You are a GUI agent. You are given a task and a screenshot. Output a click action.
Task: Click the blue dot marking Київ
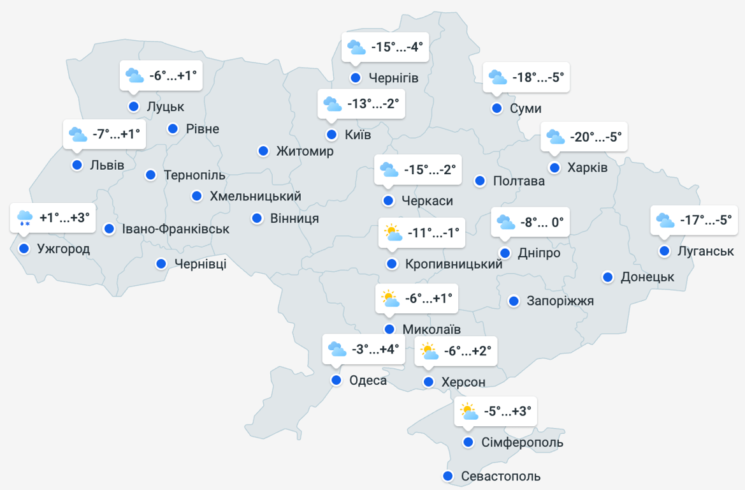(x=331, y=135)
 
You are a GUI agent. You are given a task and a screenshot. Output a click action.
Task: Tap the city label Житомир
(x=305, y=151)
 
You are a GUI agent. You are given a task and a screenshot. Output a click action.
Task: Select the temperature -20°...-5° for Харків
(x=595, y=137)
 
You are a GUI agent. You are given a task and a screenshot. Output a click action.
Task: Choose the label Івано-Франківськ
(x=176, y=228)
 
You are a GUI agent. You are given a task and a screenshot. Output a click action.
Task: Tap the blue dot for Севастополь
(x=448, y=476)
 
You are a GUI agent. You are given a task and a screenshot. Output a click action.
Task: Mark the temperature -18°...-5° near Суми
(x=538, y=77)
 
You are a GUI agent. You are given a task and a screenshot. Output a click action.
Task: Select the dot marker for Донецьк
(x=608, y=277)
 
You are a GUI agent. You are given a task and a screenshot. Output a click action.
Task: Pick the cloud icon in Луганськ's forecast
(x=665, y=220)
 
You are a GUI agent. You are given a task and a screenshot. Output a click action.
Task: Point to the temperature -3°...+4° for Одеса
(x=375, y=349)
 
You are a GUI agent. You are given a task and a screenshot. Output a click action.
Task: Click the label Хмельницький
(x=256, y=196)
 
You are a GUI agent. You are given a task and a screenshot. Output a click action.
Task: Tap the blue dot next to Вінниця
(x=257, y=218)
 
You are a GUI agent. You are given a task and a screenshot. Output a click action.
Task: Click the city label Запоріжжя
(x=560, y=301)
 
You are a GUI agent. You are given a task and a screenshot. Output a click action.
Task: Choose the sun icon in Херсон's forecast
(x=428, y=351)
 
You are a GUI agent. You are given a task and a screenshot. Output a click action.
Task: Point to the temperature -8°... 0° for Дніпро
(x=542, y=223)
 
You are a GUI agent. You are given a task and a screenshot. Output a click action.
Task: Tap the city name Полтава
(x=519, y=181)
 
